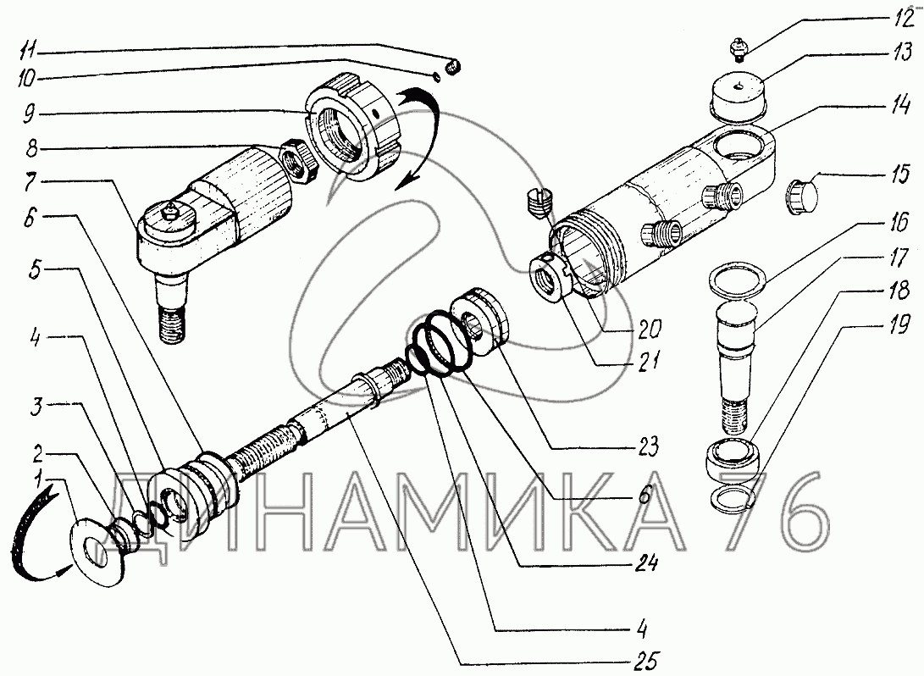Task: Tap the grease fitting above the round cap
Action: coord(737,47)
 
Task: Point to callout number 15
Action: coord(899,175)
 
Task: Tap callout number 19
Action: coord(899,324)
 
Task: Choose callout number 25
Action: coord(645,661)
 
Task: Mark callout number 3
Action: coord(37,407)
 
